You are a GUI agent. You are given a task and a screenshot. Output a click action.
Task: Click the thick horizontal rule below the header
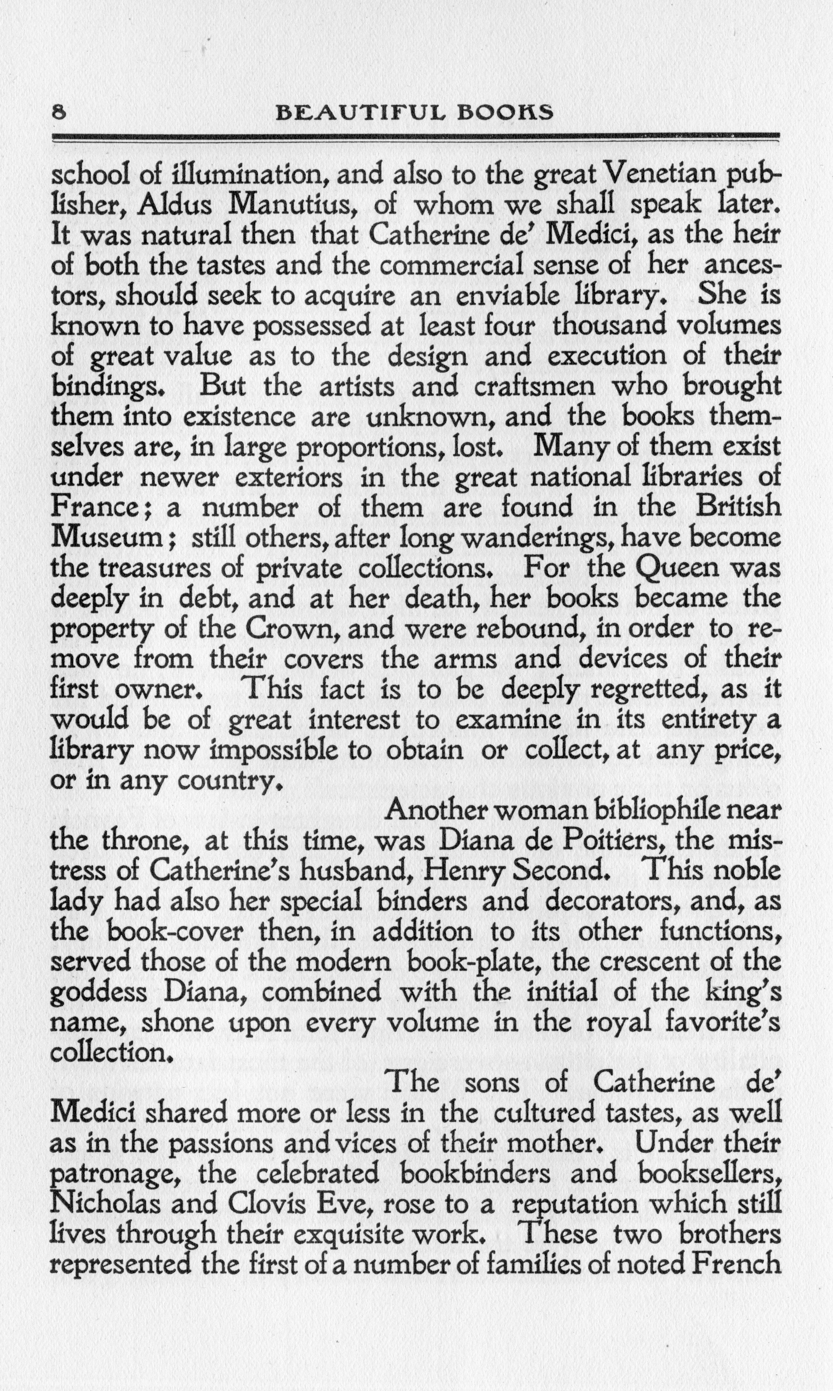coord(415,136)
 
